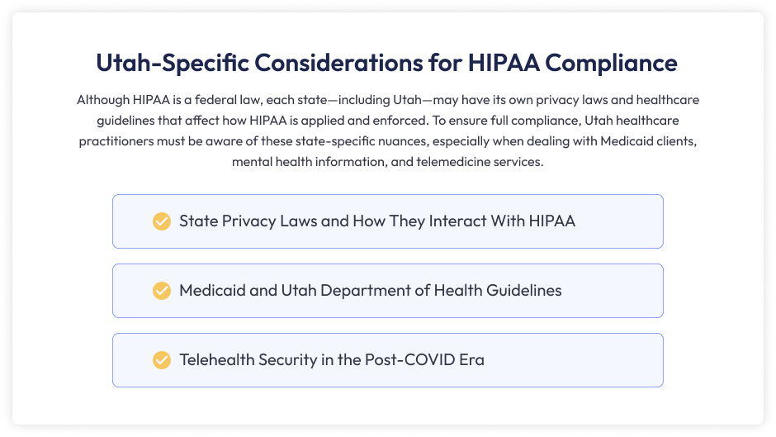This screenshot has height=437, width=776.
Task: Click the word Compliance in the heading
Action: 611,63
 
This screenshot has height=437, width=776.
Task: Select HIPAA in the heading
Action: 504,63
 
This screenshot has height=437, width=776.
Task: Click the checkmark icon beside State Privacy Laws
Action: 162,221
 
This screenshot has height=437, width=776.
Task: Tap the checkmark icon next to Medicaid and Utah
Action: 162,291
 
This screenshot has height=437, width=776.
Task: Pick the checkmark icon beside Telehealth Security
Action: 162,360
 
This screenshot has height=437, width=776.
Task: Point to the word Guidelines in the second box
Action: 524,290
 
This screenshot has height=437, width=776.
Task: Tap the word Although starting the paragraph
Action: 103,100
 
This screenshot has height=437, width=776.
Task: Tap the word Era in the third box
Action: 471,359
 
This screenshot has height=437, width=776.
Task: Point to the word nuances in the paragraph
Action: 404,141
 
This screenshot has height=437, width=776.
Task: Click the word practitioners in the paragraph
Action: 116,141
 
